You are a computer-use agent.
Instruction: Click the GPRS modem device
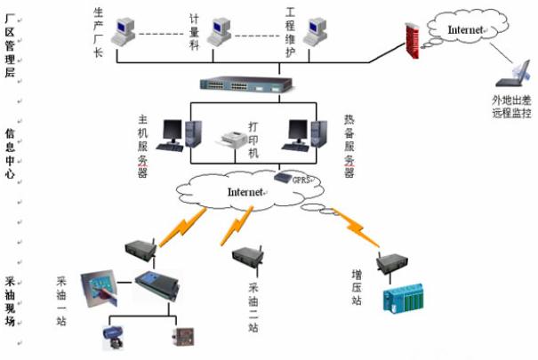pos(285,178)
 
